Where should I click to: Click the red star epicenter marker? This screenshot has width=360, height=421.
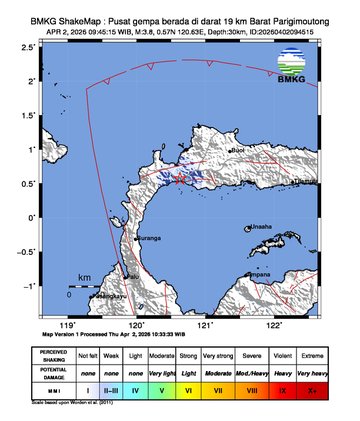pyautogui.click(x=179, y=179)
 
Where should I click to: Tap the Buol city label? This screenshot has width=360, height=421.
pyautogui.click(x=239, y=151)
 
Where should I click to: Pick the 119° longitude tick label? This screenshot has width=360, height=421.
pyautogui.click(x=68, y=325)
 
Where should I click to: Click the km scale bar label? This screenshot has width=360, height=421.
pyautogui.click(x=85, y=277)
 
